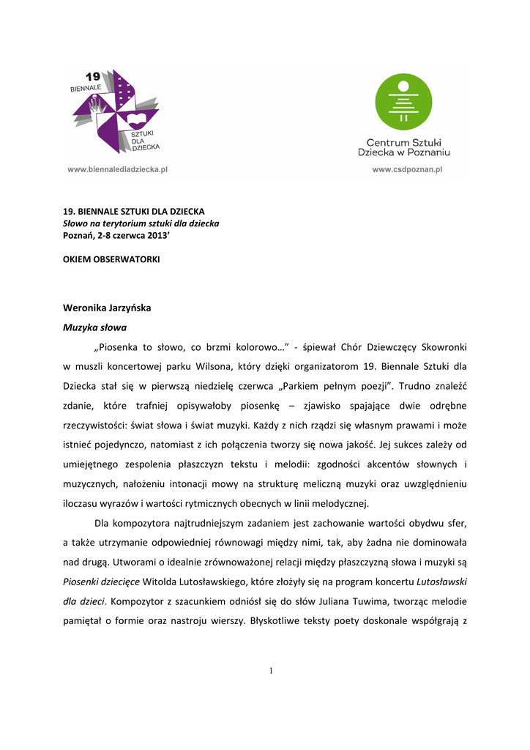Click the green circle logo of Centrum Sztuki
click(x=403, y=101)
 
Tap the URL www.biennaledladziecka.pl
click(x=119, y=169)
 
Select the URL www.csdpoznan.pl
click(x=408, y=169)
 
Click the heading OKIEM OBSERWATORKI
click(x=111, y=259)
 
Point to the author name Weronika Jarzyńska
click(x=107, y=308)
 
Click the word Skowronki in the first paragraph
click(x=441, y=346)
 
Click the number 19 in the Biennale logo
click(x=93, y=76)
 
